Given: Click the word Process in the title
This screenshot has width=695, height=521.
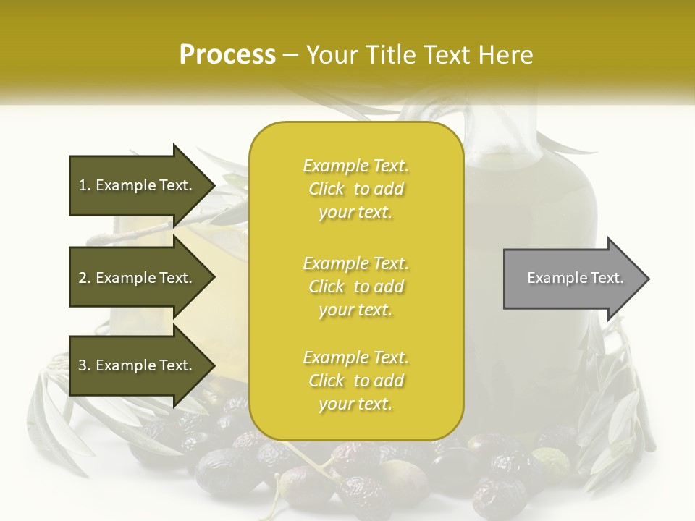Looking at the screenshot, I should (227, 55).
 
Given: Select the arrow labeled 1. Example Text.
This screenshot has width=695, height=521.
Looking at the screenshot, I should (138, 185).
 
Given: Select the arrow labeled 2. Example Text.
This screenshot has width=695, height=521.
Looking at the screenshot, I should (138, 278).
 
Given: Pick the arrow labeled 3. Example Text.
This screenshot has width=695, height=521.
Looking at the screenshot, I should (138, 365).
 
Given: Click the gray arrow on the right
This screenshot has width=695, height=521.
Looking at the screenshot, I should (572, 278).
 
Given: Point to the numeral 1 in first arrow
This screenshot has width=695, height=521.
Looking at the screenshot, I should (83, 185).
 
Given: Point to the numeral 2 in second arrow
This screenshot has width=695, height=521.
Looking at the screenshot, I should (83, 278).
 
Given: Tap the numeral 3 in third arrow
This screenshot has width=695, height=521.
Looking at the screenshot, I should (83, 365).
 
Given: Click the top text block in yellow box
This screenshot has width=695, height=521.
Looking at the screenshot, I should (355, 189).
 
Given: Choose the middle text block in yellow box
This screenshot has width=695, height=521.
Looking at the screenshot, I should (355, 287).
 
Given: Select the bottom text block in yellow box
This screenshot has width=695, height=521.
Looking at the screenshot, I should (355, 381).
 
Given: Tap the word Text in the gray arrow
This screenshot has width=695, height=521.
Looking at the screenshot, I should (607, 278).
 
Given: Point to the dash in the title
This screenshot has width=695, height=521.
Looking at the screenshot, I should (291, 55).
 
